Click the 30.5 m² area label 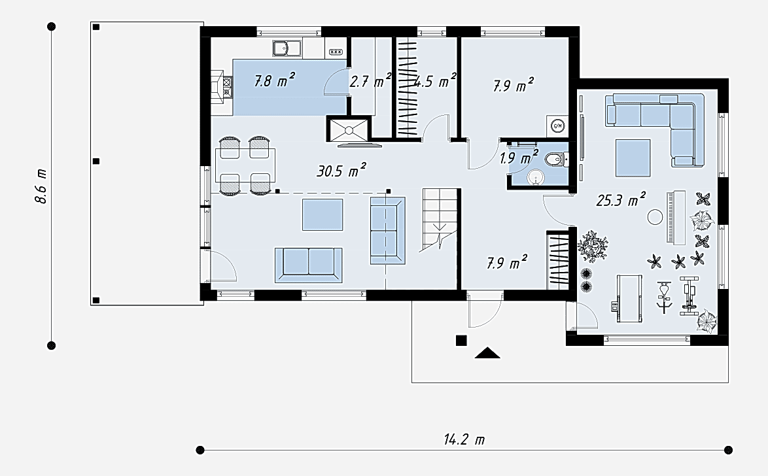(341, 171)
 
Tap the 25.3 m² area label (621, 199)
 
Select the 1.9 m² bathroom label (519, 158)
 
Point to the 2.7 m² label (370, 81)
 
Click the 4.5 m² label (436, 81)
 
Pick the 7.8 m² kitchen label (274, 80)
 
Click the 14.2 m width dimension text (464, 439)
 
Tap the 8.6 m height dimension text (41, 186)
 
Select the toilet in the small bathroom (557, 159)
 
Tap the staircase (440, 220)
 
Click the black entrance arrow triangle (487, 352)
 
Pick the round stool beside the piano (655, 216)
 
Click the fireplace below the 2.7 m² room (349, 129)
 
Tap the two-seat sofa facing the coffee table (309, 265)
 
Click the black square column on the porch (461, 341)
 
